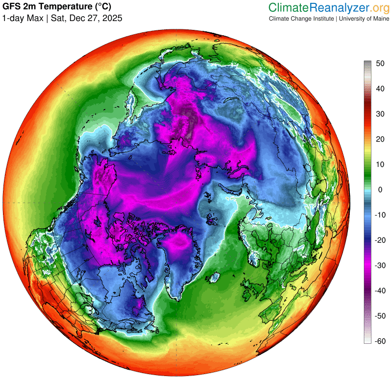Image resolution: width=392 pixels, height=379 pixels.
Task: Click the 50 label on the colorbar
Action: point(380,64)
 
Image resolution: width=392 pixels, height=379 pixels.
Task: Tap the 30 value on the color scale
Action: point(380,114)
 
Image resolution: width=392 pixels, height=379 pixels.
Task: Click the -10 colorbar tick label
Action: point(379,215)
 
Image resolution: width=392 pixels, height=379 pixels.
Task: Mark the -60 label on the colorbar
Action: point(379,341)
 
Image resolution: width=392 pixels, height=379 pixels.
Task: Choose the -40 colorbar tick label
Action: point(379,291)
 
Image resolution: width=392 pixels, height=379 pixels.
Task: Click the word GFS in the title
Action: point(12,7)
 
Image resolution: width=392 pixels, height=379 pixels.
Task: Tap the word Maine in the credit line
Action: point(378,19)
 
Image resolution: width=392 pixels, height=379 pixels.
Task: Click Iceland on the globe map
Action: point(213,279)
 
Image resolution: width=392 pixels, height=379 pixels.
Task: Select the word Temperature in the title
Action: point(57,7)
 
